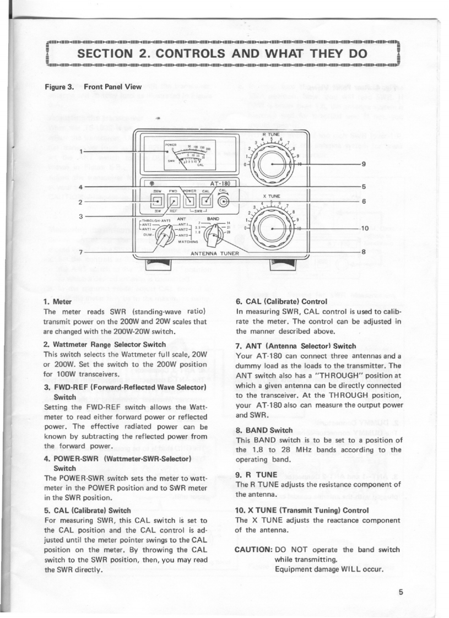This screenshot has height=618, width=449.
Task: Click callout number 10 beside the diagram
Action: (x=364, y=227)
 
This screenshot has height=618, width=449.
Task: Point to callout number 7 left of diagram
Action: (x=81, y=252)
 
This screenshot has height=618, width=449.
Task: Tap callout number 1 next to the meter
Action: (x=81, y=151)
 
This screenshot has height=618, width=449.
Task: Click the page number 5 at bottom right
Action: (x=402, y=592)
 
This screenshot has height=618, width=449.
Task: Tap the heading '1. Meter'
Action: (x=56, y=301)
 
